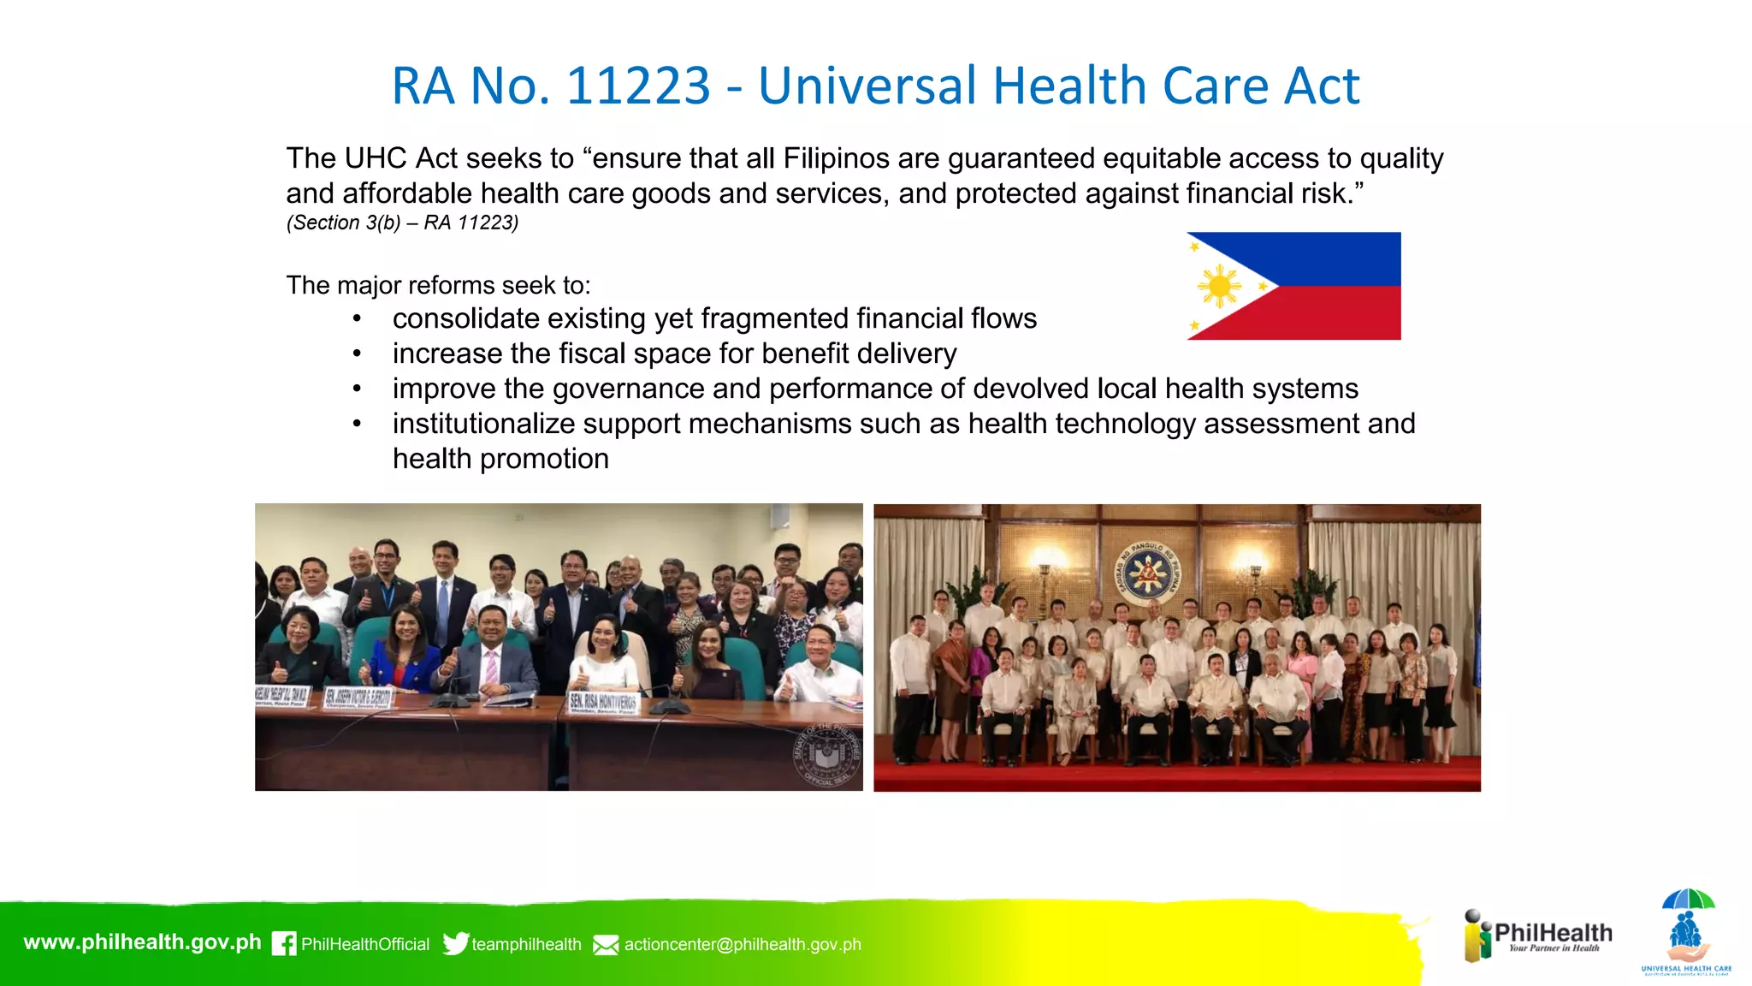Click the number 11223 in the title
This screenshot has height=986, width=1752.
(637, 86)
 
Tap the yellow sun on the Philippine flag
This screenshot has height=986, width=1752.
(1219, 286)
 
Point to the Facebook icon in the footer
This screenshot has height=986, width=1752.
(284, 943)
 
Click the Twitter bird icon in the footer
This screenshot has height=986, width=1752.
(455, 943)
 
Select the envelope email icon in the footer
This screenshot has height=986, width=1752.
(606, 945)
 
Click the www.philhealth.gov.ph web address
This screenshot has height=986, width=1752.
(142, 942)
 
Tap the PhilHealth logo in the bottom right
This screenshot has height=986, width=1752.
(1538, 936)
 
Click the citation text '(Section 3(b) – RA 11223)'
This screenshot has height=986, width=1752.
(402, 223)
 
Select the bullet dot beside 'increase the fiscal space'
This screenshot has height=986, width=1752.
(357, 353)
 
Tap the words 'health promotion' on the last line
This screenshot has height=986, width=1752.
(500, 459)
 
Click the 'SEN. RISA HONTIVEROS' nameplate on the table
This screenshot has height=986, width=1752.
(603, 703)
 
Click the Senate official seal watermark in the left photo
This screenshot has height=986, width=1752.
(826, 754)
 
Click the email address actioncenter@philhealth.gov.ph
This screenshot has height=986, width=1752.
(743, 944)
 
